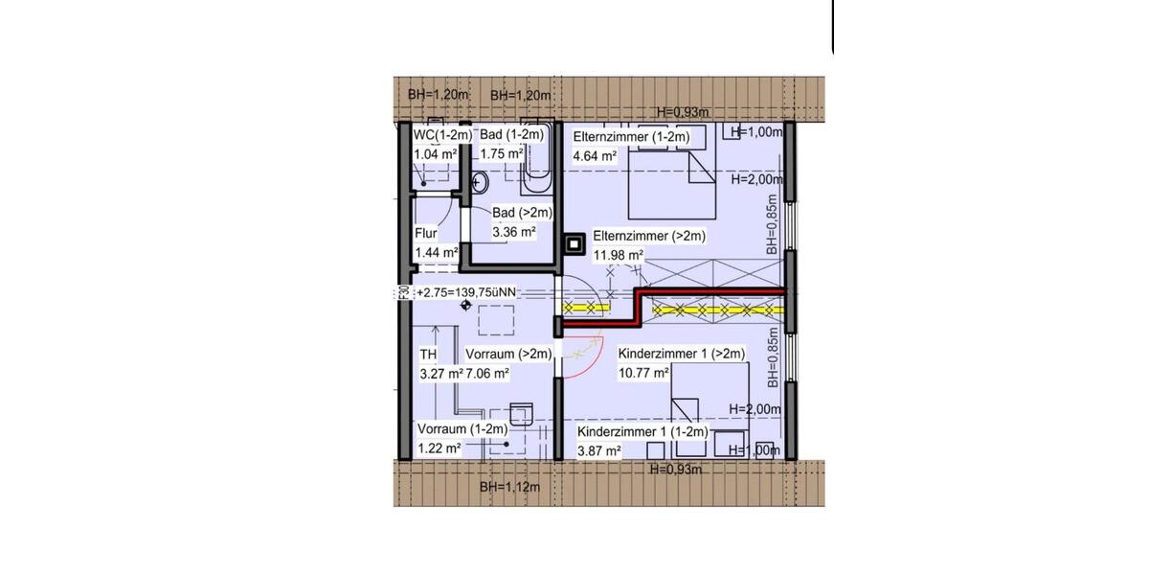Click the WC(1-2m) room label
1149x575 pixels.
coord(442,135)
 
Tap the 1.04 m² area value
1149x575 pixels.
coord(434,153)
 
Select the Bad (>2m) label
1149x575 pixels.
coord(522,213)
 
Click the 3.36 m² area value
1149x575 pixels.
coord(513,231)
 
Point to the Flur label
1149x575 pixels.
coord(426,233)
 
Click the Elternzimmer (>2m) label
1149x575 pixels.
coord(648,236)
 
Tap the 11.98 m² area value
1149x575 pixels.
coord(619,254)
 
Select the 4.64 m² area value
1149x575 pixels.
coord(595,154)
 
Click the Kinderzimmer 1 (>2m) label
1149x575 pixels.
coord(682,354)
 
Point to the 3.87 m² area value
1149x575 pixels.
coord(599,450)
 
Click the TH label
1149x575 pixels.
coord(428,355)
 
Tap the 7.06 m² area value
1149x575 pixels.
coord(487,373)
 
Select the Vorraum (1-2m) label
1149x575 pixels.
coord(462,429)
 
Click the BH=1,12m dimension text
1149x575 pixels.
coord(510,487)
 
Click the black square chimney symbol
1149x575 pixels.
coord(574,243)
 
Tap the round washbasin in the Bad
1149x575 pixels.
coord(482,182)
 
